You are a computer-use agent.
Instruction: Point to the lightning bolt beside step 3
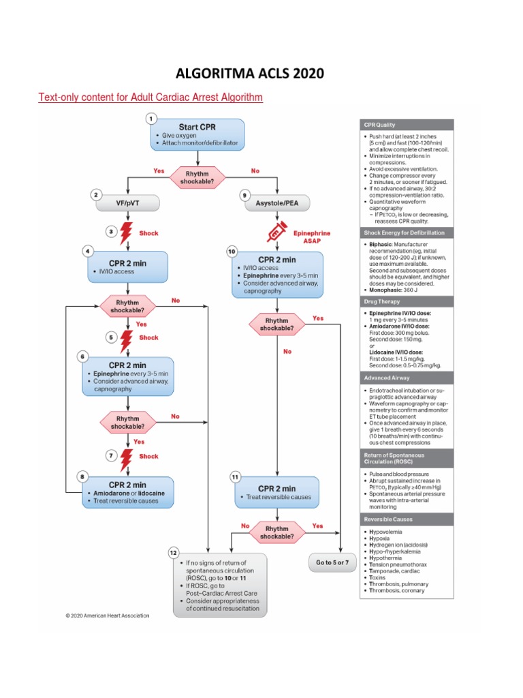point(126,233)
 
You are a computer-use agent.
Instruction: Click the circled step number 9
point(244,194)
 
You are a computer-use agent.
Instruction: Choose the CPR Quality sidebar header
point(406,125)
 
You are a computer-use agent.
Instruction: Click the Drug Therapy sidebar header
point(406,301)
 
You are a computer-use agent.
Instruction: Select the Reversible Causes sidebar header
point(406,519)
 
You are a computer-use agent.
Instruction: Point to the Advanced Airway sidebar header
point(406,378)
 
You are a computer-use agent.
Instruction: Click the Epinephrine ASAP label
point(311,237)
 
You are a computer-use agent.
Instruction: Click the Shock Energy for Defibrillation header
point(406,232)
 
